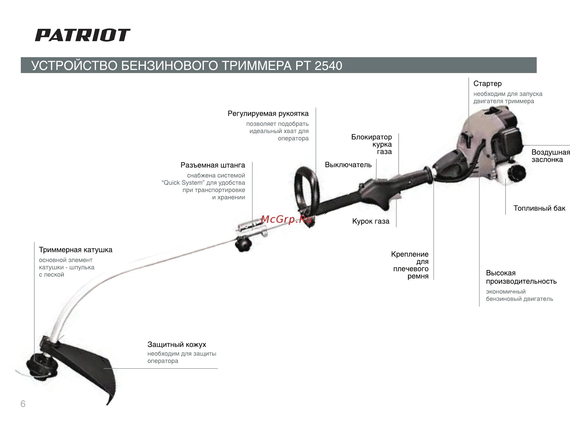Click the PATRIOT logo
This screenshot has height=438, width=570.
point(82,35)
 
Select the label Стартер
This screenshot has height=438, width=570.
point(487,83)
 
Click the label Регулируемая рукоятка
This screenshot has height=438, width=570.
point(268,113)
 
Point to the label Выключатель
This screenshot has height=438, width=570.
point(348,165)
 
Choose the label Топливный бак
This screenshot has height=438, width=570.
point(539,208)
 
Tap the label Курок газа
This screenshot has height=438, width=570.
point(370,221)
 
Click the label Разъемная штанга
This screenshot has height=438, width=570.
point(212,165)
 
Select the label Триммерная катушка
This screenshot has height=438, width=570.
point(75,250)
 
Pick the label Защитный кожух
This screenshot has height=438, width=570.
point(177,344)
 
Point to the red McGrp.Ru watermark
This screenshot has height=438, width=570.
point(286,219)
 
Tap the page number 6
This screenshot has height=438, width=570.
point(23,404)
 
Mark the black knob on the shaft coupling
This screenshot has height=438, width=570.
point(243,245)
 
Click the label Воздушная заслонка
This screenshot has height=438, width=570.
point(550,156)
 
